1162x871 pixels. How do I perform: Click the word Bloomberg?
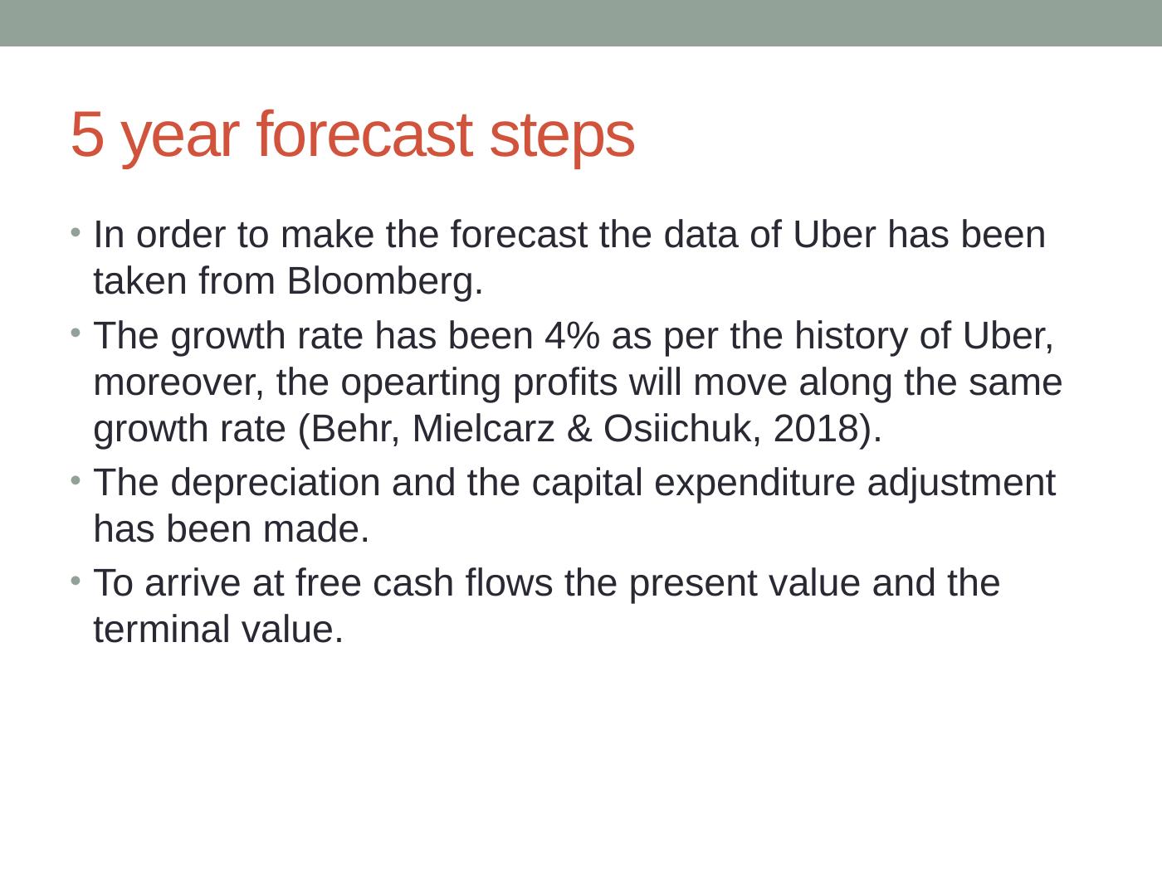pyautogui.click(x=385, y=282)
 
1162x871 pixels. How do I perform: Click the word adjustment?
pyautogui.click(x=961, y=483)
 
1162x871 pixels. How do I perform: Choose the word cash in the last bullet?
pyautogui.click(x=412, y=583)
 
